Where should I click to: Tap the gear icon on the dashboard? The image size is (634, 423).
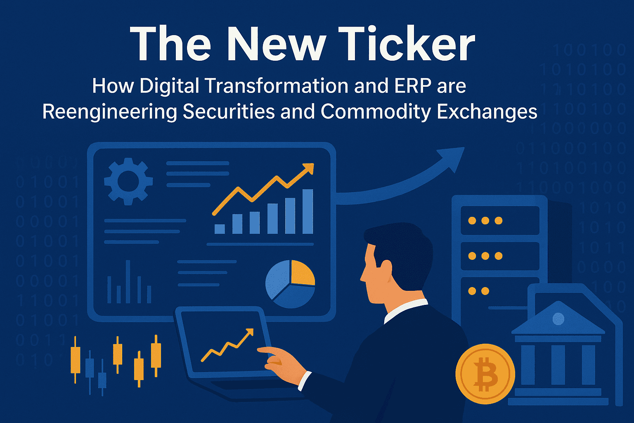coord(128,181)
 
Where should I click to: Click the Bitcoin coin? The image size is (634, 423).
coord(485,374)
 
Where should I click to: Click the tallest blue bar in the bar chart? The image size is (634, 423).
coord(308,211)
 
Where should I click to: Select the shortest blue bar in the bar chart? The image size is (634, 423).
coord(220,229)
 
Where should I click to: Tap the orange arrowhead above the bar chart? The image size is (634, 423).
coord(308,169)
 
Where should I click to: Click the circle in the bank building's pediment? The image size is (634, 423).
coord(558,318)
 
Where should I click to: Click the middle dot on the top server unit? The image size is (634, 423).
coord(485,221)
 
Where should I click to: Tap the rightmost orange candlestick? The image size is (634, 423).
coord(156,355)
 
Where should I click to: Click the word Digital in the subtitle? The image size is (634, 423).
coord(170,86)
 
